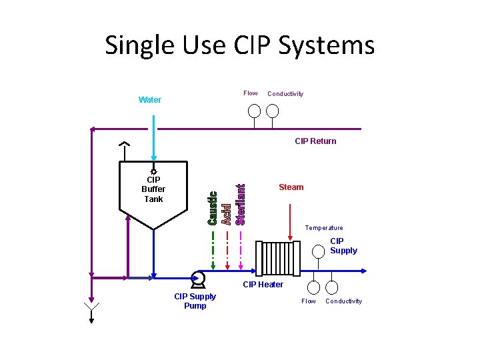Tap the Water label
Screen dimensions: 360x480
[150, 100]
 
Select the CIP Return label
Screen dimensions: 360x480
[315, 141]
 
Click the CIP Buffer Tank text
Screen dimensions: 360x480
[153, 189]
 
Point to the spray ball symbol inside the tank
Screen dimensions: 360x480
[154, 171]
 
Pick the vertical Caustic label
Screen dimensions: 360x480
[212, 208]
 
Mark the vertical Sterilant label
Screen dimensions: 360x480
[241, 203]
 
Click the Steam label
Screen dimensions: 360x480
[291, 187]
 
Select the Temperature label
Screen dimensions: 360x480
[324, 228]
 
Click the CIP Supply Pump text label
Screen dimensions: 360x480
[195, 301]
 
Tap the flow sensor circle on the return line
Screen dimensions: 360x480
[254, 111]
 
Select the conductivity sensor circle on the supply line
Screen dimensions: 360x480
[331, 287]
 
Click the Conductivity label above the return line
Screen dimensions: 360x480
[285, 94]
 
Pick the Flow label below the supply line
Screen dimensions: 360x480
[309, 301]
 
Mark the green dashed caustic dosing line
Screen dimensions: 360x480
[213, 250]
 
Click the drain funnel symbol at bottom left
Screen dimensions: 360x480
[91, 308]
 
